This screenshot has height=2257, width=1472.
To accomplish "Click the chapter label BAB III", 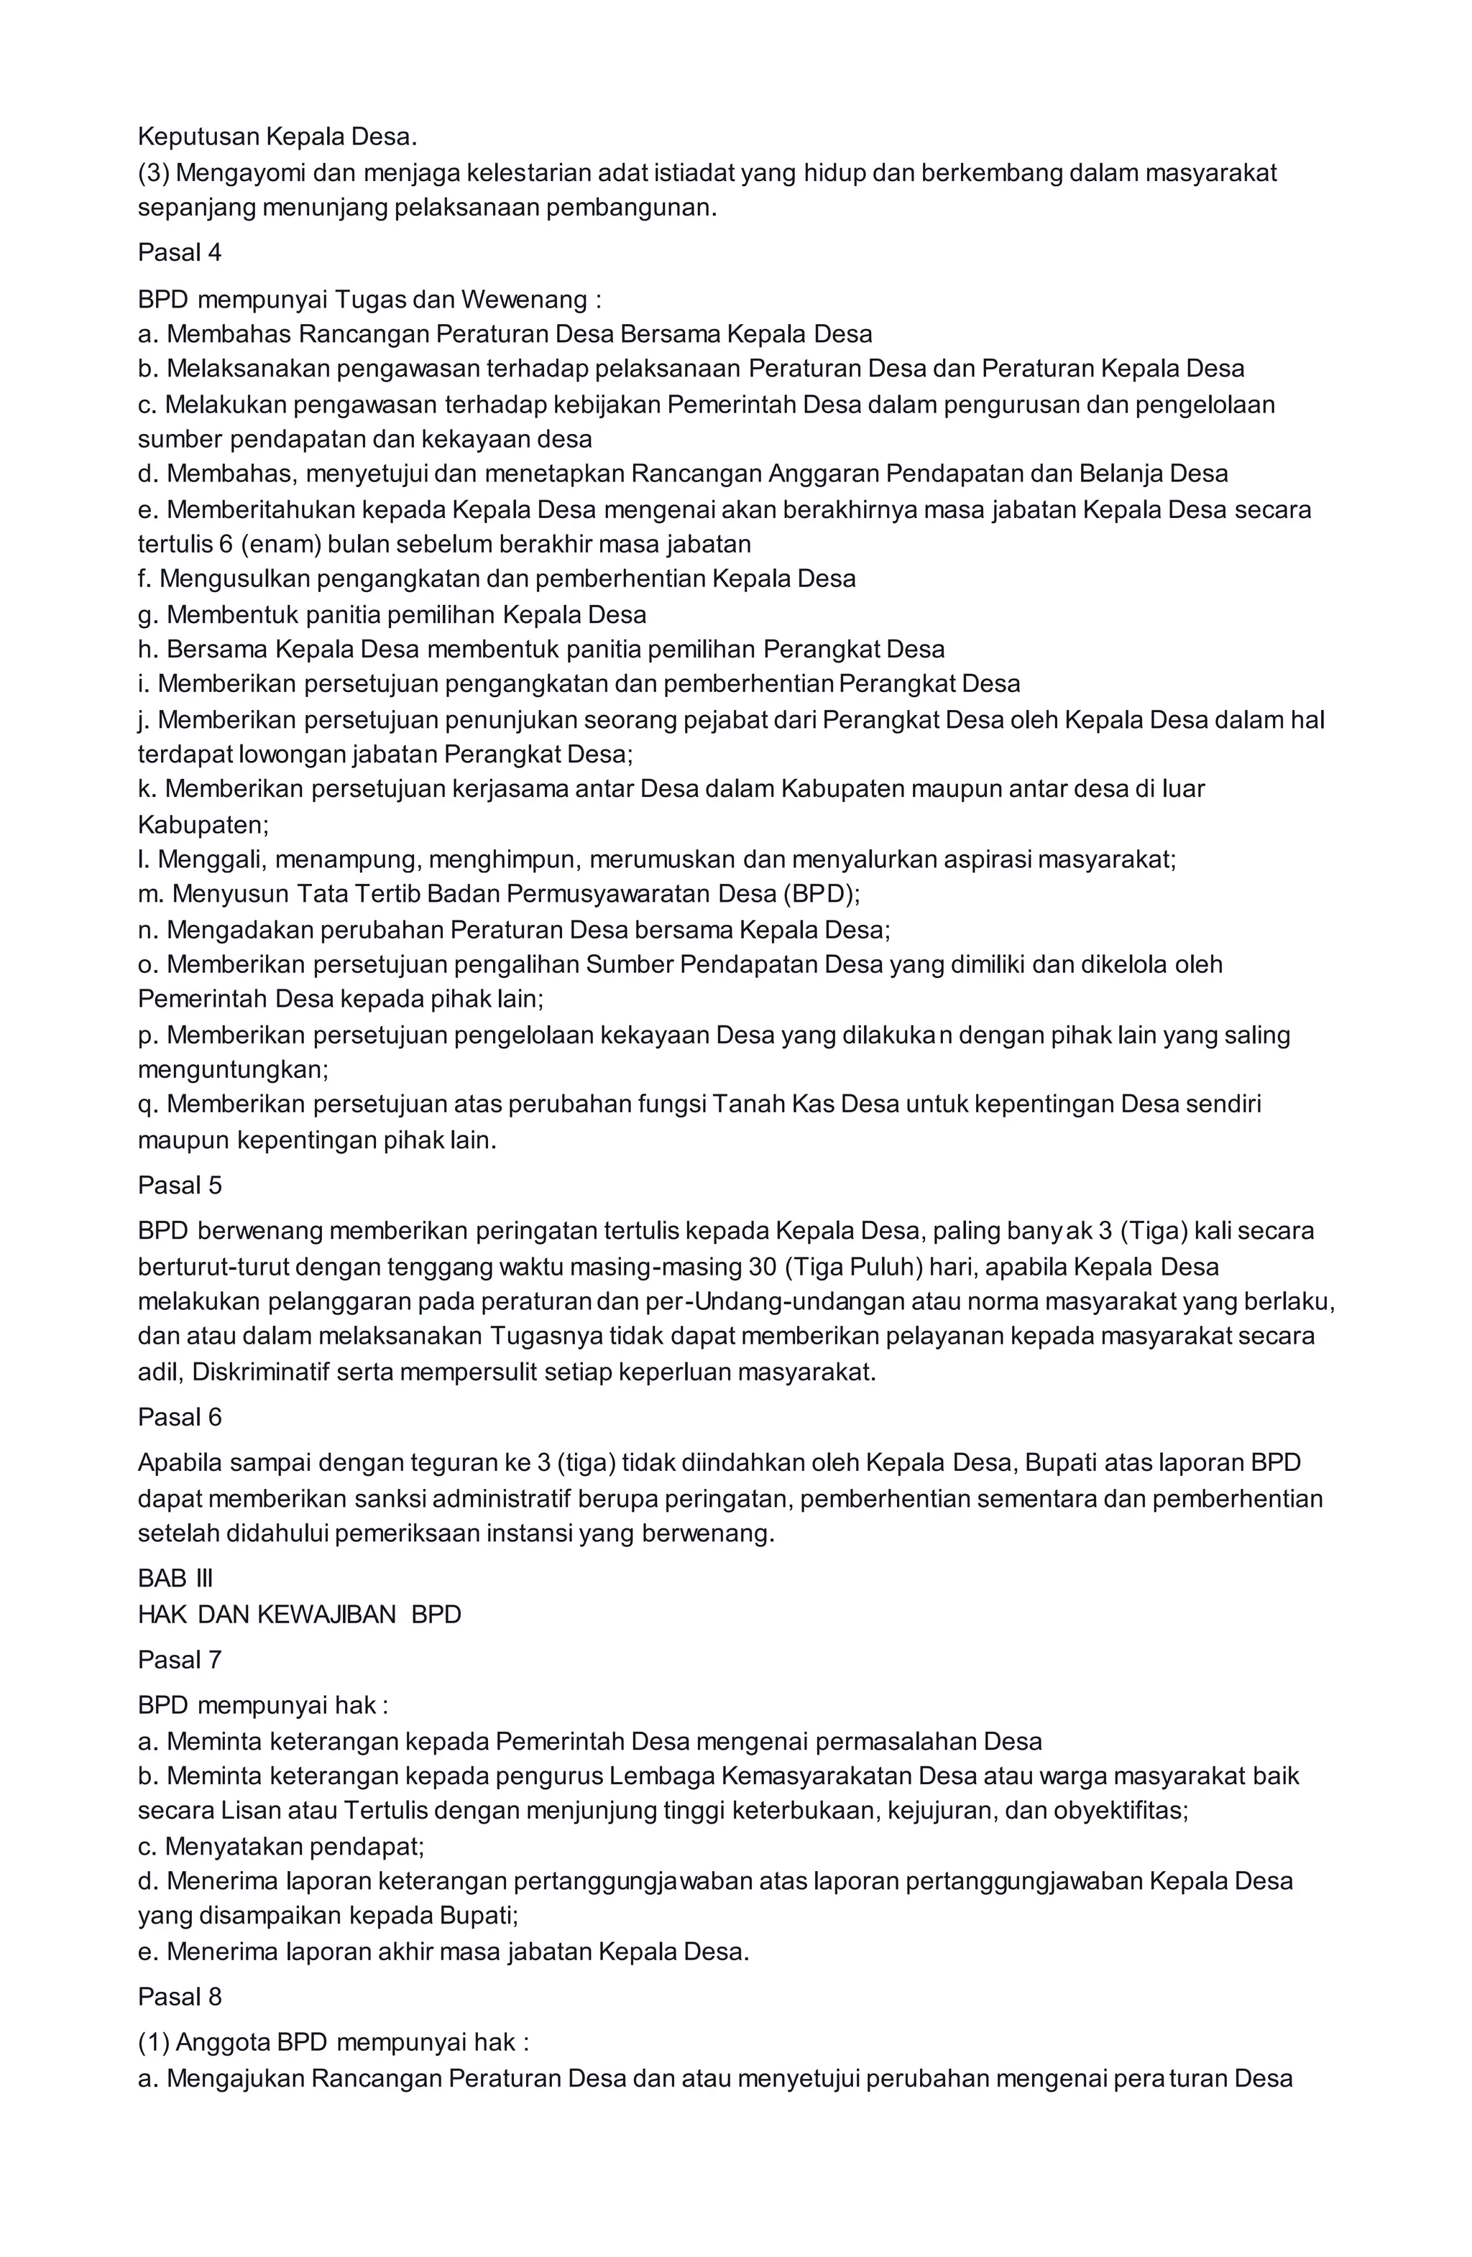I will [175, 1578].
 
